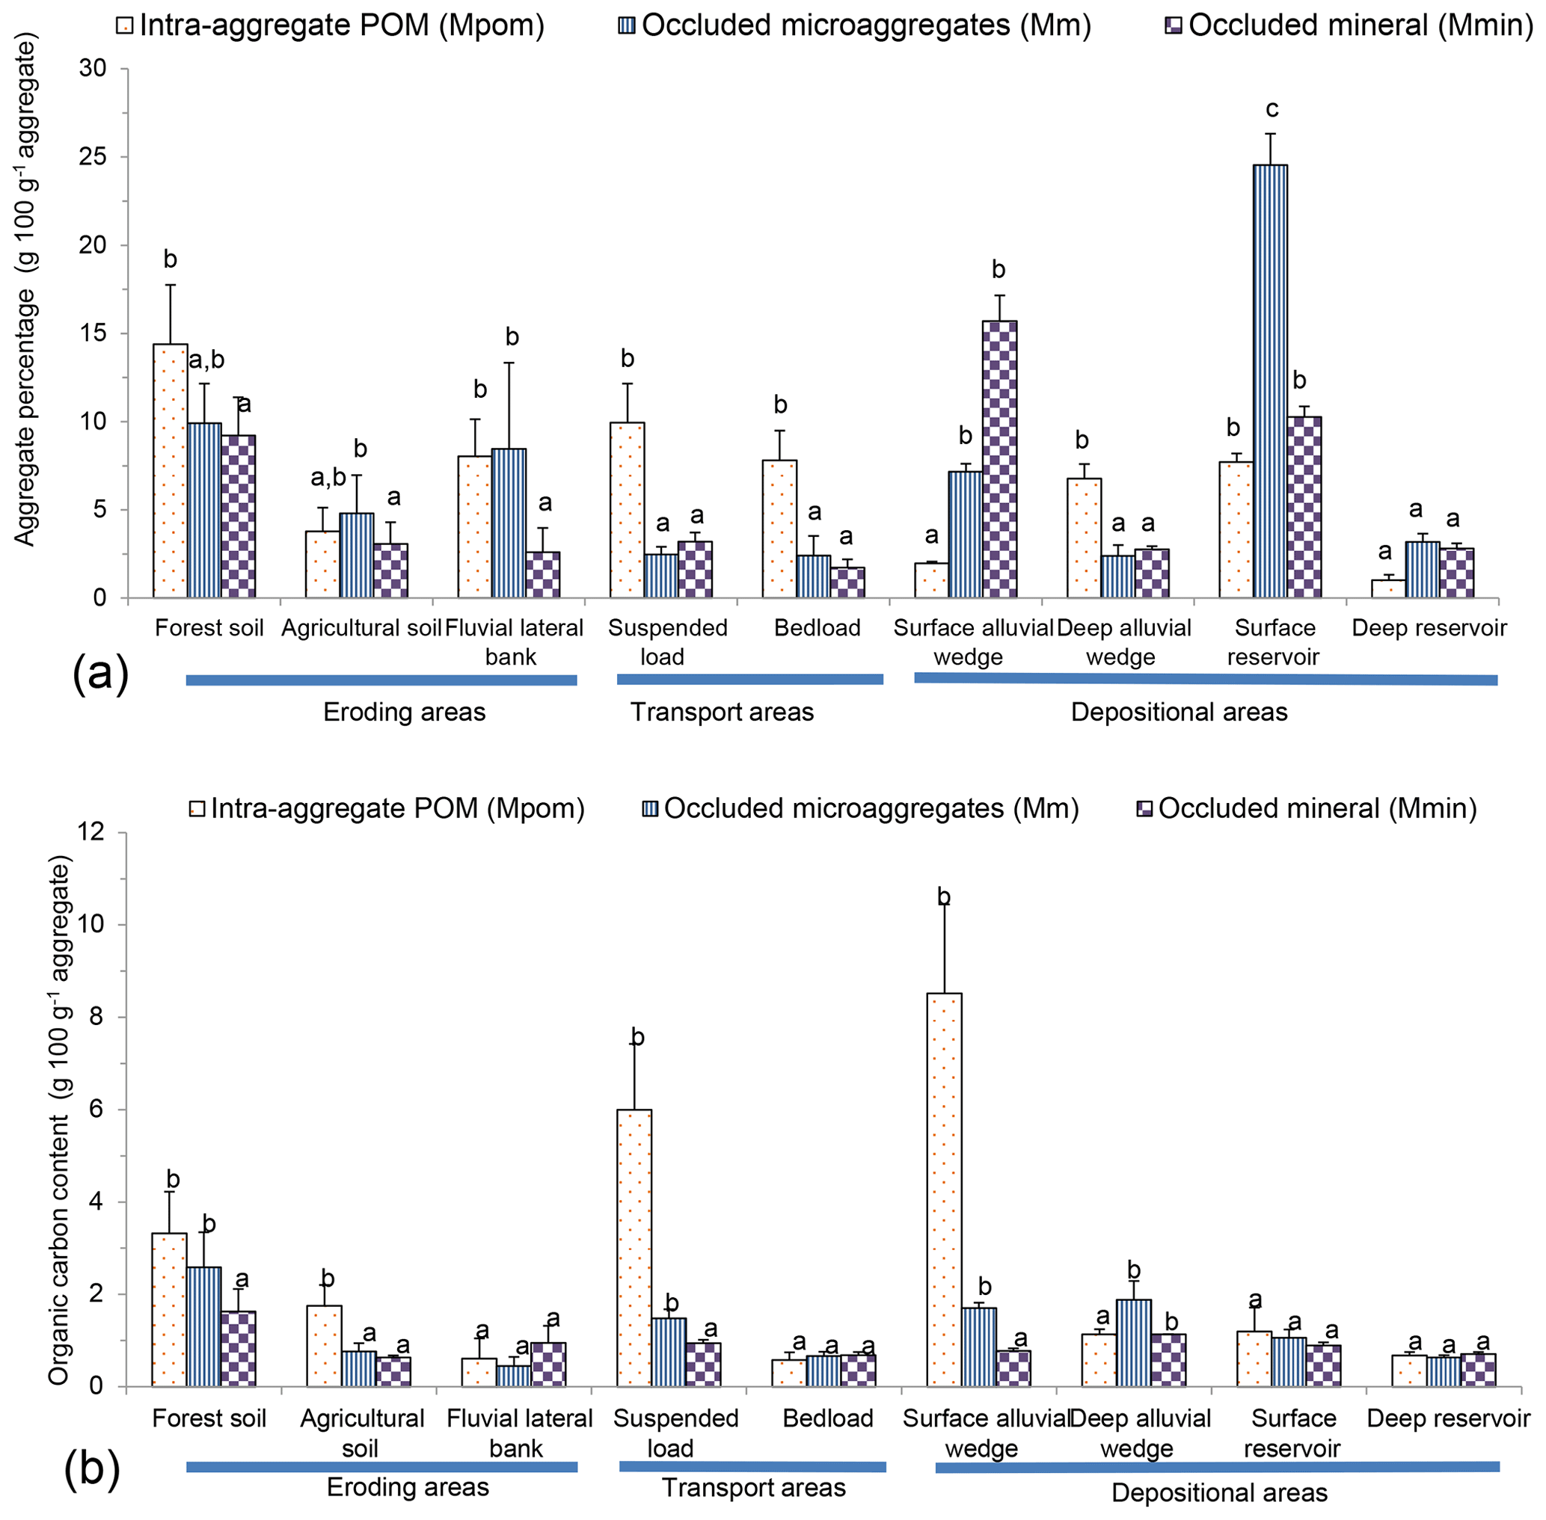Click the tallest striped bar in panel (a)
click(1269, 381)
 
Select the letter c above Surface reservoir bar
click(1272, 108)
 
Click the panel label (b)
click(93, 1466)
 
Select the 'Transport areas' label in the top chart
click(722, 712)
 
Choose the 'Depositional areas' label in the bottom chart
click(1218, 1493)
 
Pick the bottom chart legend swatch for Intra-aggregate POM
click(197, 810)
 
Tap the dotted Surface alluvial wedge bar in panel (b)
click(944, 1190)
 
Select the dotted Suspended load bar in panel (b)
click(635, 1248)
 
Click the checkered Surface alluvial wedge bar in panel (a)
click(1000, 459)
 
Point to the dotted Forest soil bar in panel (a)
click(170, 471)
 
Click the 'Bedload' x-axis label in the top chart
click(817, 628)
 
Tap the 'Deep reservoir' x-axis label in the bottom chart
click(1448, 1418)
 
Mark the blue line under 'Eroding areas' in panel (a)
click(381, 680)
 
